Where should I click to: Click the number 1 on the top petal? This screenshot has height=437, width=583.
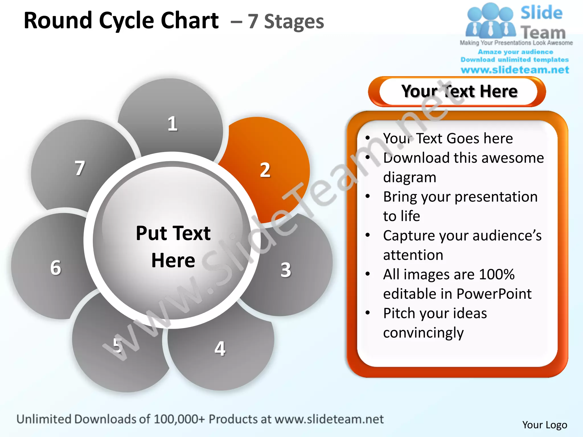pos(173,124)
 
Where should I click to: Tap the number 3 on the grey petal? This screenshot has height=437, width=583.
pos(286,270)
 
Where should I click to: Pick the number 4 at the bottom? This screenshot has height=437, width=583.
pos(220,349)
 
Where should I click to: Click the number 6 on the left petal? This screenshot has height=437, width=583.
pos(56,268)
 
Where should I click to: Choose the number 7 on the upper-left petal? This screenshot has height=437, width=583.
pos(80,168)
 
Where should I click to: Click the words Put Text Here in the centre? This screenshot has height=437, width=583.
pos(173,246)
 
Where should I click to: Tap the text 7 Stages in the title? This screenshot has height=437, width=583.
pos(286,22)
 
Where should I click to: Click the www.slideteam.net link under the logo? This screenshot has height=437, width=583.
pos(515,70)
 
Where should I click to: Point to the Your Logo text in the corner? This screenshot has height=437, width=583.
pos(545,425)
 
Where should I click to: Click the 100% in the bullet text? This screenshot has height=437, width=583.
pos(497,274)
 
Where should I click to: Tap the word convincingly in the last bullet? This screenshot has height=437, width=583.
pos(423,333)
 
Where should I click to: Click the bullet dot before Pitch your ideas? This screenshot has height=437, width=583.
pos(368,313)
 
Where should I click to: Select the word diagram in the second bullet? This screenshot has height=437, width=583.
pos(410,177)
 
